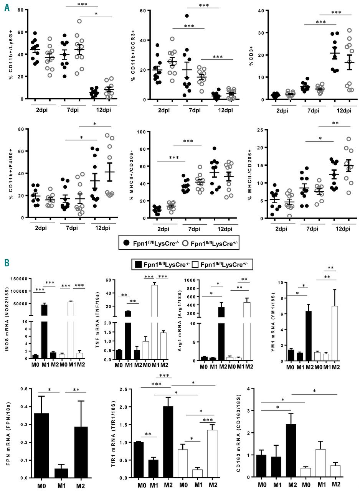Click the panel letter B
7,264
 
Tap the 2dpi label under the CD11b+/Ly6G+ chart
39,111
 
